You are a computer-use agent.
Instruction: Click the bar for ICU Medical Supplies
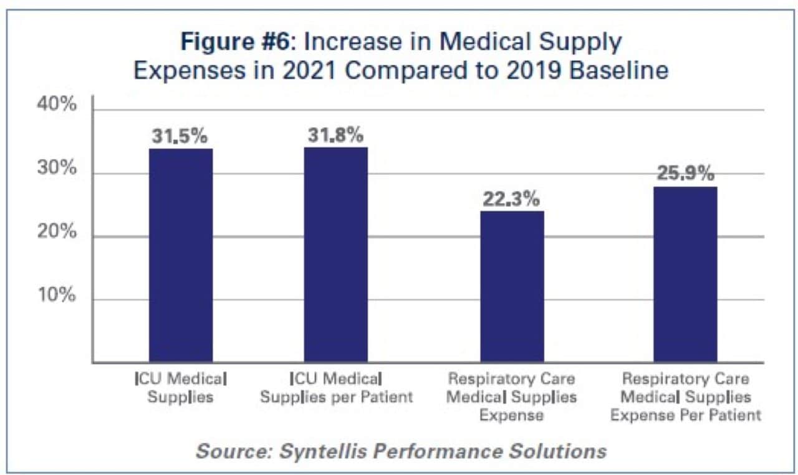click(181, 255)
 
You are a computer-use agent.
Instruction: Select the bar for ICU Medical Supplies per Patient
click(336, 255)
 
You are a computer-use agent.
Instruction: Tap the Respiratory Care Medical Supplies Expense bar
click(512, 286)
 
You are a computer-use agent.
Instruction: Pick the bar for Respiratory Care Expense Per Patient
click(685, 274)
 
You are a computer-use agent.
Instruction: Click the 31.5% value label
click(180, 137)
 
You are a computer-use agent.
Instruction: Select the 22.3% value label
click(511, 199)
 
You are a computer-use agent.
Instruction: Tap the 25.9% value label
click(685, 174)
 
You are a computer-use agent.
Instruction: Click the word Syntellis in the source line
click(321, 451)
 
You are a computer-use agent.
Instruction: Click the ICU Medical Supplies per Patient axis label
click(336, 387)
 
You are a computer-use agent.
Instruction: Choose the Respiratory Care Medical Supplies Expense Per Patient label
click(685, 397)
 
